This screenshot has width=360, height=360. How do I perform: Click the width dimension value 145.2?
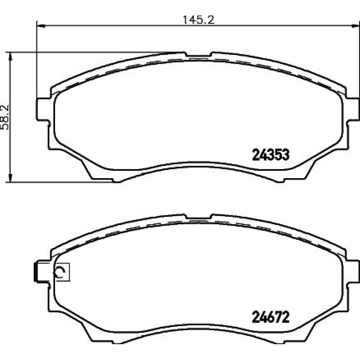[x=198, y=20]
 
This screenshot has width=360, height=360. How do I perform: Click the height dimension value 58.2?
[x=5, y=117]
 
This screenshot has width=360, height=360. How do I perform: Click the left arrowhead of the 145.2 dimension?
[x=40, y=26]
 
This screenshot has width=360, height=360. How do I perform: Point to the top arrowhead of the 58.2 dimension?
[x=10, y=56]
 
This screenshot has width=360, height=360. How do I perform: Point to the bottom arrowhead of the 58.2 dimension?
[x=10, y=178]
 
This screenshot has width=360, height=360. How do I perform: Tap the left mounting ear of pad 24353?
[x=43, y=109]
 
